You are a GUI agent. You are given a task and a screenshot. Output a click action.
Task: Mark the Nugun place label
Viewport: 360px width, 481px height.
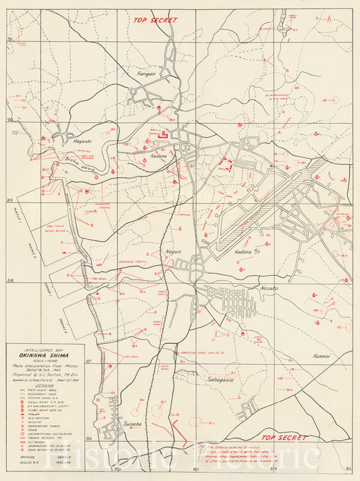(x=174, y=251)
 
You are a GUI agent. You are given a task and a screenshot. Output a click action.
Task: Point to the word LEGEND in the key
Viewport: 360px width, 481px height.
(x=45, y=386)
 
